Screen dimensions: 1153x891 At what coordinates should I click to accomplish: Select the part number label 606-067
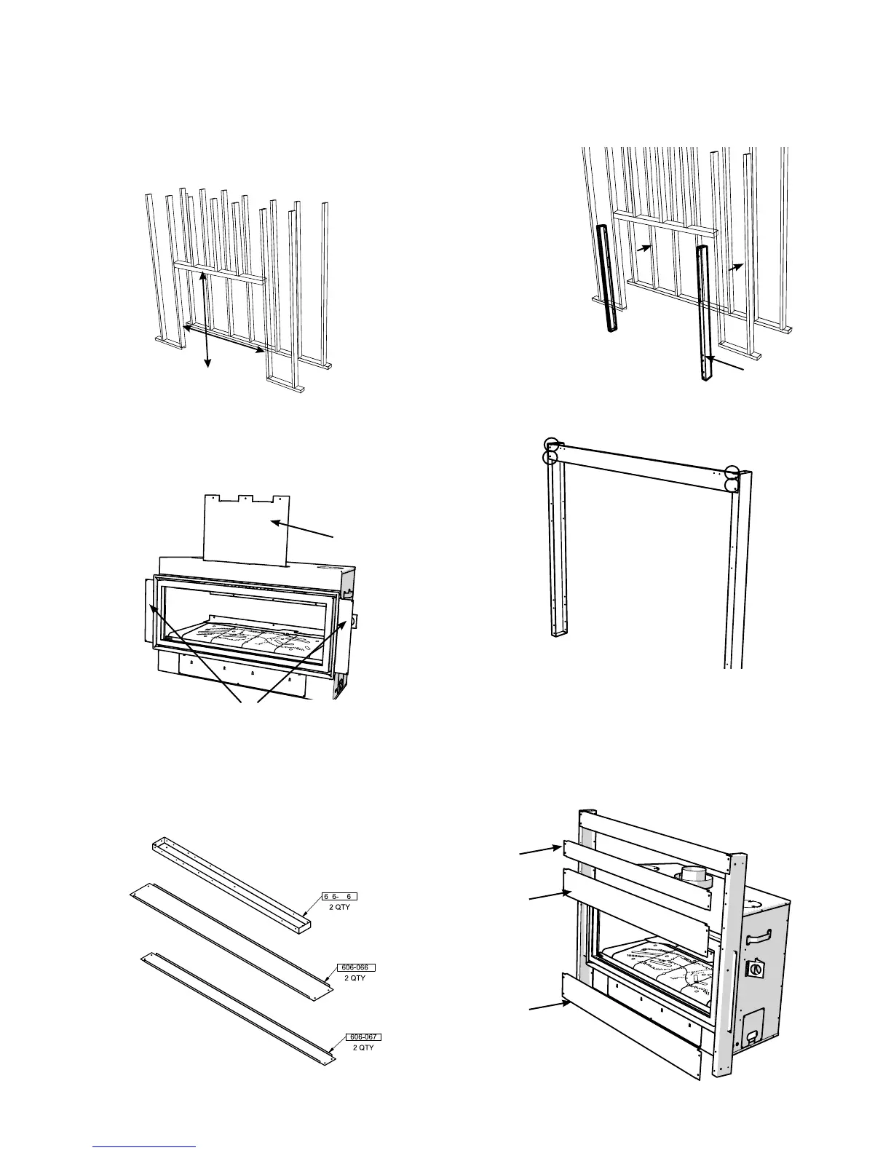tap(364, 1037)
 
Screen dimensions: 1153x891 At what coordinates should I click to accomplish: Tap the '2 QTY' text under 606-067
tap(364, 1047)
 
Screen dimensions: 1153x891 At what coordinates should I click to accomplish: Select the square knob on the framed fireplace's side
tap(756, 970)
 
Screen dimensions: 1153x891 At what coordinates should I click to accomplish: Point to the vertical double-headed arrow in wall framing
tap(207, 318)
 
